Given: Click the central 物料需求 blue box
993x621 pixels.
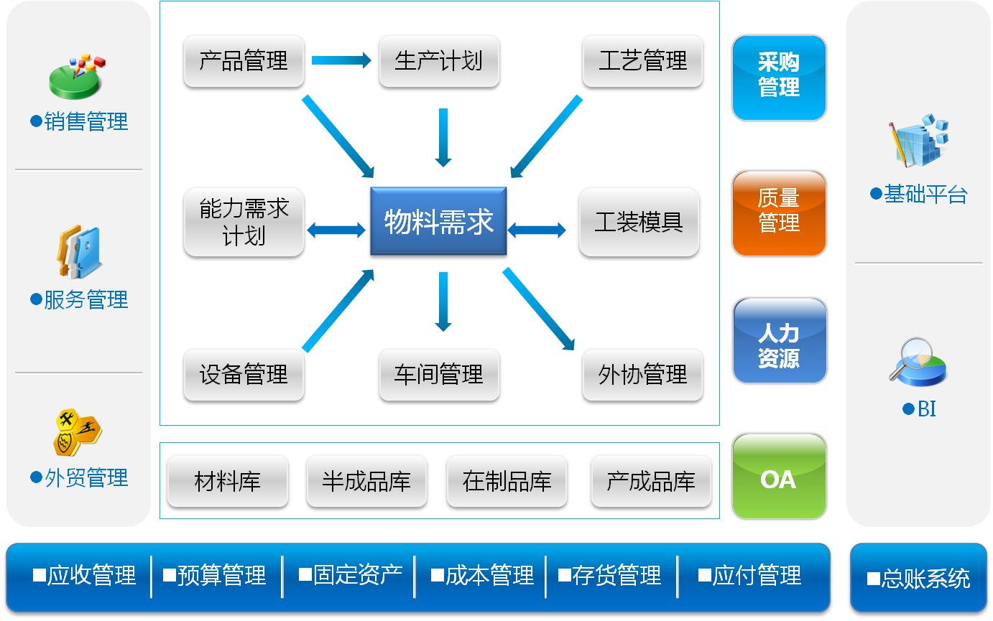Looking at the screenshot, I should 438,223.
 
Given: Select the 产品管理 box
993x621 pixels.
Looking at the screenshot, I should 244,62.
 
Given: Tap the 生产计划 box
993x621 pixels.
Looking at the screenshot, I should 438,62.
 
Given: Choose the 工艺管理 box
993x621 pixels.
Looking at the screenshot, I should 642,62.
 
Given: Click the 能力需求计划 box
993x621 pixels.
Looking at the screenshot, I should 244,223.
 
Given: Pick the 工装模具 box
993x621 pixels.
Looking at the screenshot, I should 638,223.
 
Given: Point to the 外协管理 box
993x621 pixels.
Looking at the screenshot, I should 642,375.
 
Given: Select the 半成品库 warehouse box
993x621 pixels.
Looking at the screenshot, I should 366,481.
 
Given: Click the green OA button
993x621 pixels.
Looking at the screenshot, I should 779,477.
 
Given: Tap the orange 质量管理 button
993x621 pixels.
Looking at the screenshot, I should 779,212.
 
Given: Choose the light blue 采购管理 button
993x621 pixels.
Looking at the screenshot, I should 779,76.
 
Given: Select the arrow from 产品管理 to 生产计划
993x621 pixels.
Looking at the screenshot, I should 341,61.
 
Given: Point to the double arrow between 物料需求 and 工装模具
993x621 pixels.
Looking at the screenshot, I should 537,230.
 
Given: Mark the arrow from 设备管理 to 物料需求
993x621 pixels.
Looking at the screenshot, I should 338,311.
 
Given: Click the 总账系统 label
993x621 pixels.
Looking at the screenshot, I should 919,579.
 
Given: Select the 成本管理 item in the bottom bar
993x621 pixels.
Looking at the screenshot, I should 482,576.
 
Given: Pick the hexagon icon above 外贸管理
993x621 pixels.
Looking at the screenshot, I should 78,431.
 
